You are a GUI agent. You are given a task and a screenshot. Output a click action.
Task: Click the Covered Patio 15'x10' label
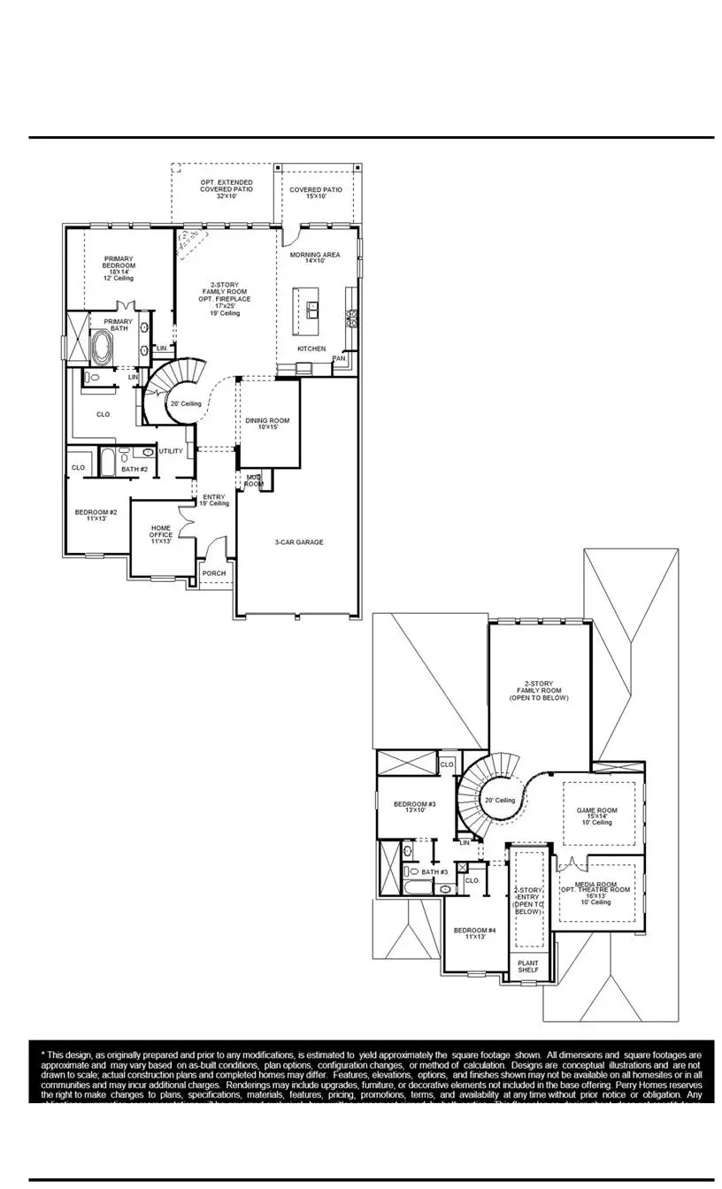[x=315, y=193]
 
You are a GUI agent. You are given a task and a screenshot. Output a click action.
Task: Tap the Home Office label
[x=161, y=533]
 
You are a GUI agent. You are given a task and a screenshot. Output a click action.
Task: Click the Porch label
[x=213, y=573]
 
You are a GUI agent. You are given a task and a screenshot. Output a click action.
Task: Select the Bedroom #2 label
[x=96, y=515]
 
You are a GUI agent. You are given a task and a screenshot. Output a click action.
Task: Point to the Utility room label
[x=171, y=451]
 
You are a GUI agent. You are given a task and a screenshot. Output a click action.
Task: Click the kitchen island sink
[x=313, y=310]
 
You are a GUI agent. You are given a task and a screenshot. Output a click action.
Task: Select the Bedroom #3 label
[x=410, y=807]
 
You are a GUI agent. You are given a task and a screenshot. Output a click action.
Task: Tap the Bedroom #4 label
[x=474, y=933]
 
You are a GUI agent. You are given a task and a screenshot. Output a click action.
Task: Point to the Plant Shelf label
[x=528, y=967]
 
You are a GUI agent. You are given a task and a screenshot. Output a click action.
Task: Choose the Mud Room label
[x=254, y=480]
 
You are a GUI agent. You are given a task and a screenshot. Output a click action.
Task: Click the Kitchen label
[x=311, y=349]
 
